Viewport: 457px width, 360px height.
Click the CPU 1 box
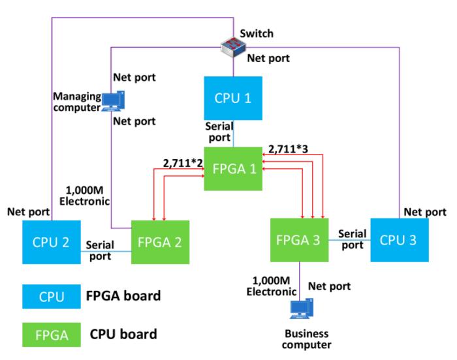pos(233,98)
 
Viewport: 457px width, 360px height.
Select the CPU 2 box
pos(52,242)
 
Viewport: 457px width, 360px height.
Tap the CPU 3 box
pos(400,240)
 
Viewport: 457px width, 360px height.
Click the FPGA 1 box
pos(233,169)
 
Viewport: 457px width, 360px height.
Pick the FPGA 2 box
pos(161,242)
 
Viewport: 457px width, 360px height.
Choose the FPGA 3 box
pos(299,240)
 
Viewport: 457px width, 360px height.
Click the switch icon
pos(233,46)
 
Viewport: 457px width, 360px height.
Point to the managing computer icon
pos(113,101)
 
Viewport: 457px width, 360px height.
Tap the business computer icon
pos(302,308)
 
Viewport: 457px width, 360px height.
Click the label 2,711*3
pos(288,149)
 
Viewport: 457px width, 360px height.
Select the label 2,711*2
pos(183,163)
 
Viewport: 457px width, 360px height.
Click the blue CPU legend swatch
pos(52,297)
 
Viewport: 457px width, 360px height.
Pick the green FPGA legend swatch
pos(52,335)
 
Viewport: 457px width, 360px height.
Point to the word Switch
pos(257,33)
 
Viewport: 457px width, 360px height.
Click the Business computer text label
pos(307,339)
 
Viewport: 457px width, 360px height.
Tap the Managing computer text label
pos(77,102)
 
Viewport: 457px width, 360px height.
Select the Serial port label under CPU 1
pos(219,132)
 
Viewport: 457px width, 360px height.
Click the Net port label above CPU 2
pos(28,212)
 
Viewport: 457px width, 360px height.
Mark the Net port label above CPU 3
pos(425,212)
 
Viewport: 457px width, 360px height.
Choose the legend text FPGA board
pos(123,296)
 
